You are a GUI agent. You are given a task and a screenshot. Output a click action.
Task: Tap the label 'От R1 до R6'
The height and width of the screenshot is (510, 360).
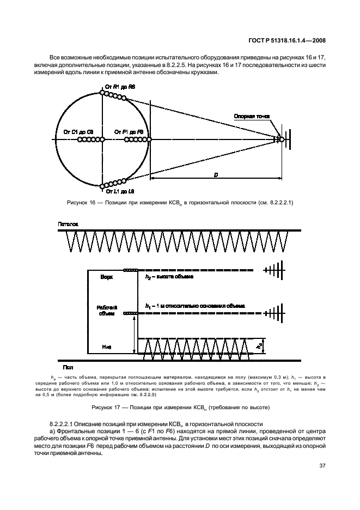pos(120,87)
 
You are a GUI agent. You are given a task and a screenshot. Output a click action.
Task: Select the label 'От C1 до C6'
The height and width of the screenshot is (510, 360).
pos(78,132)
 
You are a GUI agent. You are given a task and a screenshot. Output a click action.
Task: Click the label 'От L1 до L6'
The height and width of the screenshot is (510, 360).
pos(121,192)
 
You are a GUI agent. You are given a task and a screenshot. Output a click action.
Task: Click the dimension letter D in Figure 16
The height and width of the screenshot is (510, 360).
pos(216,174)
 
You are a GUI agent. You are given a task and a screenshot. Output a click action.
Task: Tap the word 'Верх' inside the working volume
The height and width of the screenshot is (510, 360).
pos(107,277)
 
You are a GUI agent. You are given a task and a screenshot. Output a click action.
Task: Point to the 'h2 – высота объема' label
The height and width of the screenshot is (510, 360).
pos(169,277)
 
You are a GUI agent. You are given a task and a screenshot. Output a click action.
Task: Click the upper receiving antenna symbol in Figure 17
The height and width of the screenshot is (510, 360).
pos(276,270)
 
